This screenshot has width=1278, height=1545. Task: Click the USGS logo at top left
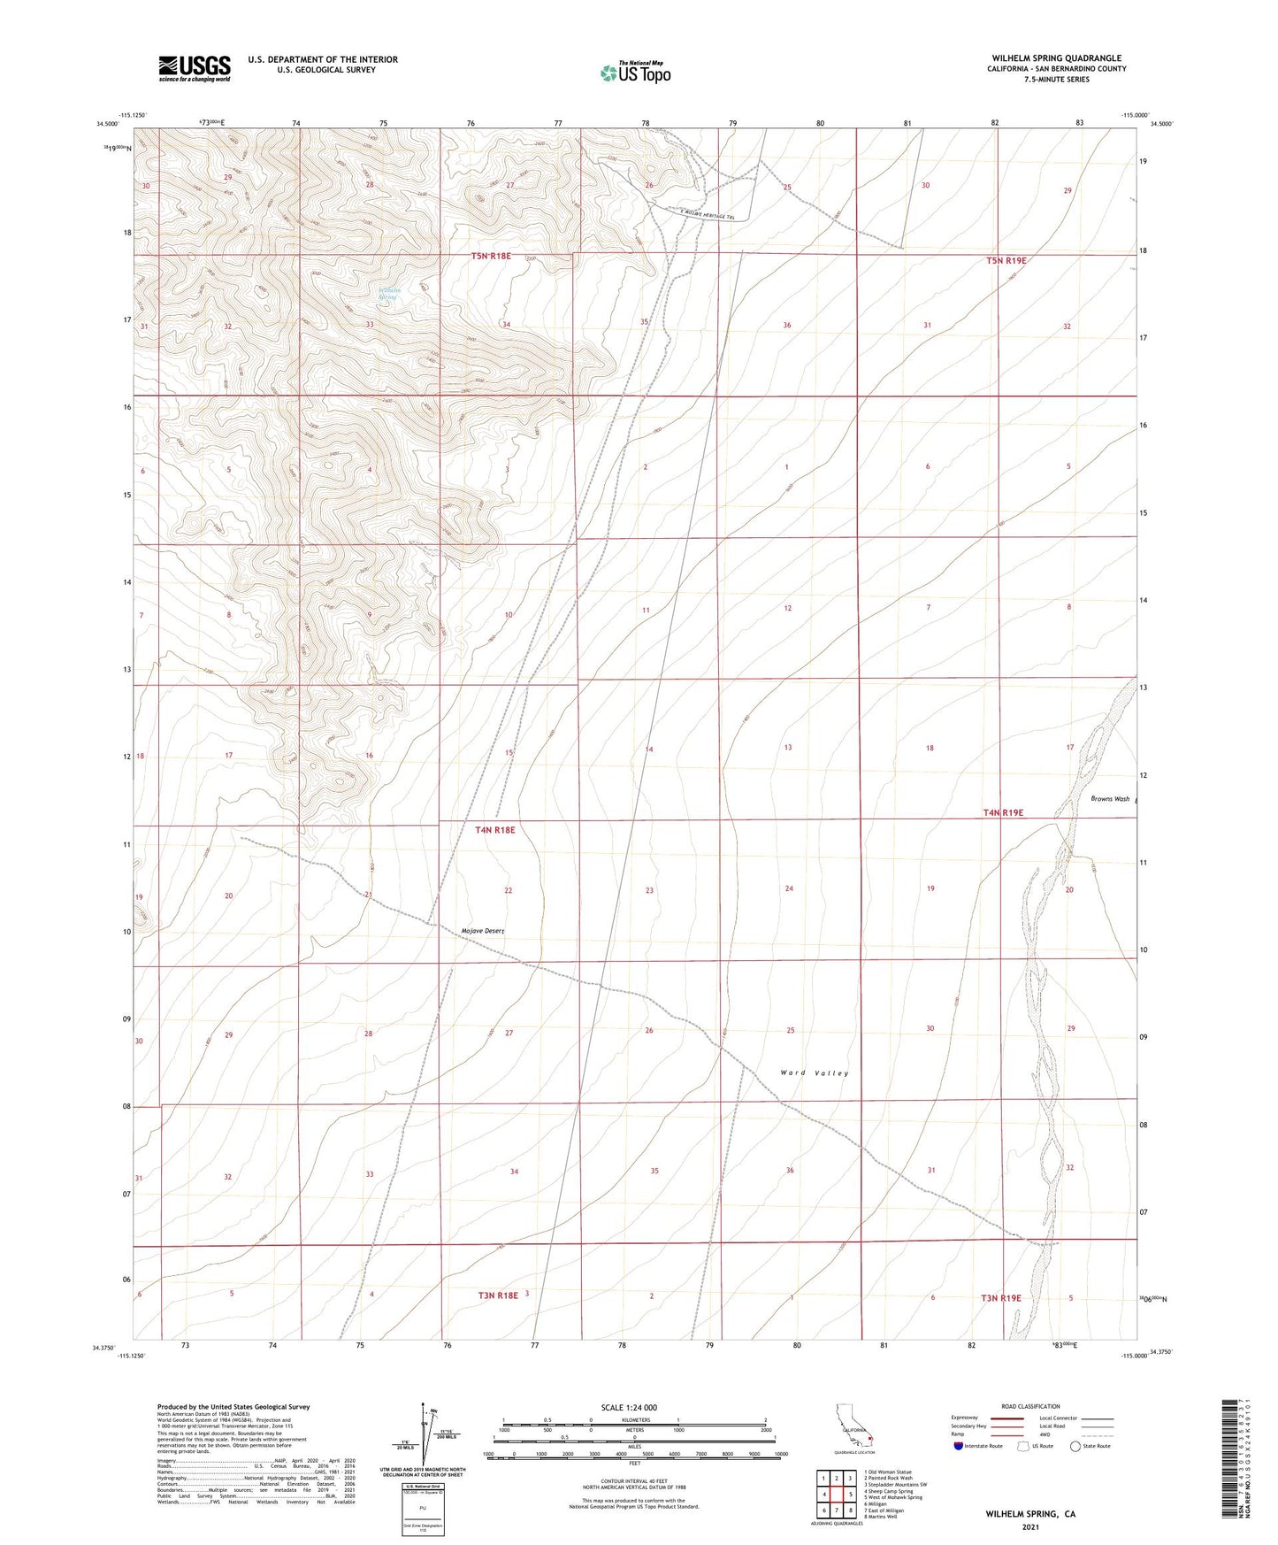tap(194, 68)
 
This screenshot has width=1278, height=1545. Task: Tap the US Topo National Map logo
tap(635, 73)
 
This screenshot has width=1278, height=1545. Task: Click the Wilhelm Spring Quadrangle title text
tap(1056, 58)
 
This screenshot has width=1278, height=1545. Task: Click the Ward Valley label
tap(814, 1073)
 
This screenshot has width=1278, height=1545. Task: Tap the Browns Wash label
tap(1110, 799)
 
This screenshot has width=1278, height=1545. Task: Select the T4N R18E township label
tap(494, 830)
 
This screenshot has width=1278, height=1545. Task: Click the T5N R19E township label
tap(1006, 261)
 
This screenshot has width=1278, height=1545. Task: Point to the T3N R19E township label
tap(1000, 1298)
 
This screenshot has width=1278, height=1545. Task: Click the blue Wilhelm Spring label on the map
tap(389, 294)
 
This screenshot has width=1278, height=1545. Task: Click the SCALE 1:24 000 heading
tap(629, 1408)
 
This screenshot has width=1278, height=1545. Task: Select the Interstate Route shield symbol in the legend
tap(959, 1446)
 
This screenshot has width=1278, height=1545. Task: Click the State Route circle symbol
tap(1075, 1446)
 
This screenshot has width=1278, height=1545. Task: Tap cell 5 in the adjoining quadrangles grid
tap(849, 1495)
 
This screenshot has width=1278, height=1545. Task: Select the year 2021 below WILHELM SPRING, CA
tap(1030, 1526)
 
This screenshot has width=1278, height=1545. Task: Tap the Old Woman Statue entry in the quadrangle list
tap(887, 1472)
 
